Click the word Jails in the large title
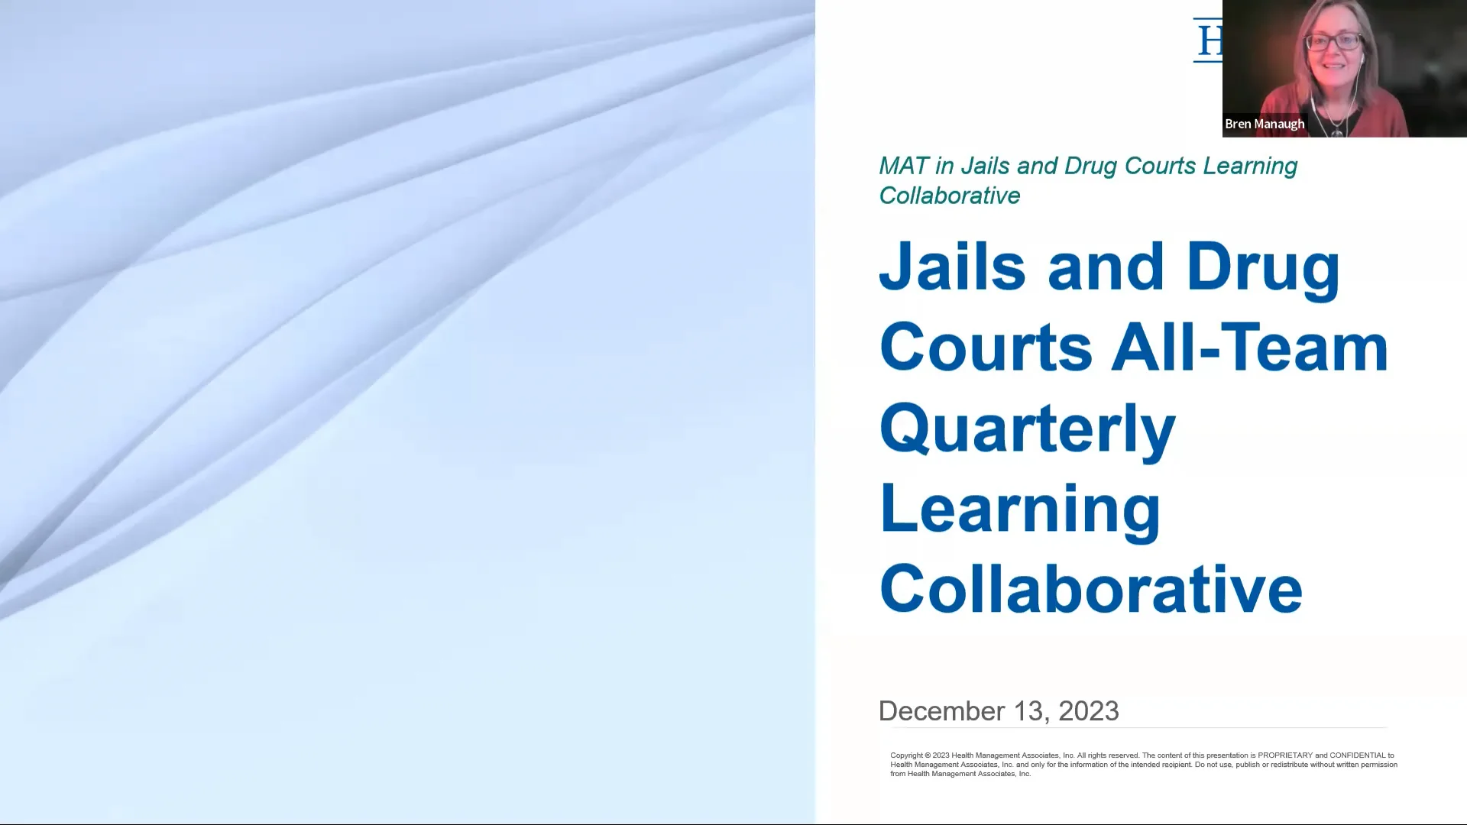pyautogui.click(x=952, y=267)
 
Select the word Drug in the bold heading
pyautogui.click(x=1263, y=267)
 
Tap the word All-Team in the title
pyautogui.click(x=1249, y=348)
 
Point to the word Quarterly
pyautogui.click(x=1027, y=429)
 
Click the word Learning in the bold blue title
pyautogui.click(x=1020, y=510)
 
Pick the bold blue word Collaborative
pyautogui.click(x=1090, y=590)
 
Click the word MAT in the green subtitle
pyautogui.click(x=904, y=166)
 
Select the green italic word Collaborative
pyautogui.click(x=950, y=196)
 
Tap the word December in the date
pyautogui.click(x=937, y=711)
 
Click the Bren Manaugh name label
pyautogui.click(x=1265, y=124)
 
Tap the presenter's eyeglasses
pyautogui.click(x=1333, y=41)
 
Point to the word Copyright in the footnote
pyautogui.click(x=906, y=755)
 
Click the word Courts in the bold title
pyautogui.click(x=986, y=348)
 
